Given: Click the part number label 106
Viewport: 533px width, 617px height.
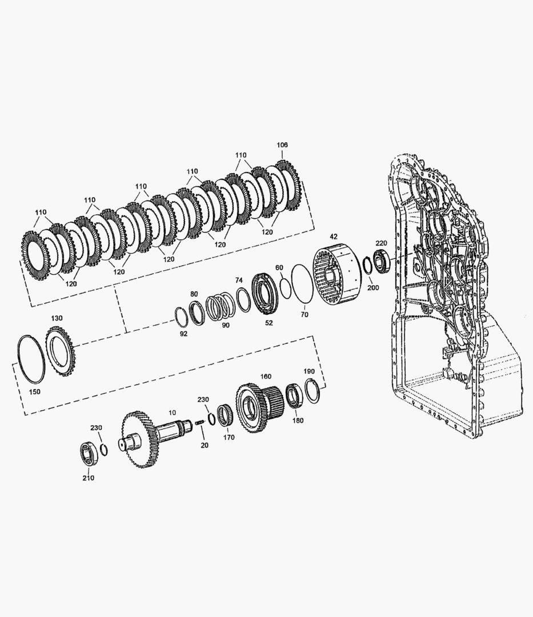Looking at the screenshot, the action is coord(282,145).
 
